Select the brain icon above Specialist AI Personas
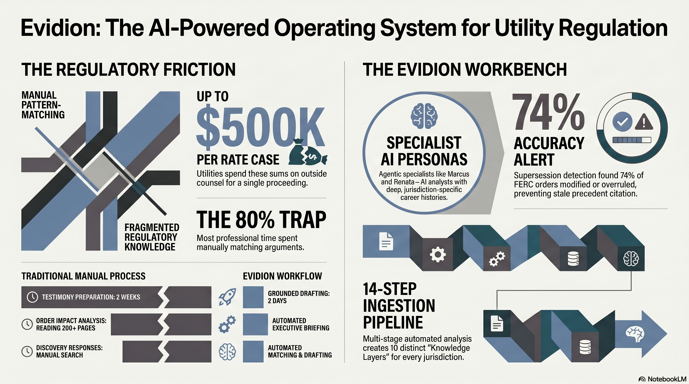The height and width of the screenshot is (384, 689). point(424,116)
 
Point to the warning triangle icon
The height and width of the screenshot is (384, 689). point(643,122)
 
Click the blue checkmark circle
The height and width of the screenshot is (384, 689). point(622,122)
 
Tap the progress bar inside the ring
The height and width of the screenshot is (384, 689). point(632,140)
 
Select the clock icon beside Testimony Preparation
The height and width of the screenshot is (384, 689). point(32,297)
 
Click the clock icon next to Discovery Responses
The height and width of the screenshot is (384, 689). point(27,351)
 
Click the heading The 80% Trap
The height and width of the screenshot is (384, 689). point(261,219)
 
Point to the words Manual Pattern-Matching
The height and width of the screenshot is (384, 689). point(43,105)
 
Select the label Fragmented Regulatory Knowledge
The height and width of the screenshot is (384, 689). point(152,237)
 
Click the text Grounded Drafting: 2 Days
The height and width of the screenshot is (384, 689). point(298,297)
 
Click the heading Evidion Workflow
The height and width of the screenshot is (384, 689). point(282,276)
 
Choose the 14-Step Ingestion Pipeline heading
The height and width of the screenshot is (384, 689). point(399,306)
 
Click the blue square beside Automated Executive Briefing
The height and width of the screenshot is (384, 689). point(255,324)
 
